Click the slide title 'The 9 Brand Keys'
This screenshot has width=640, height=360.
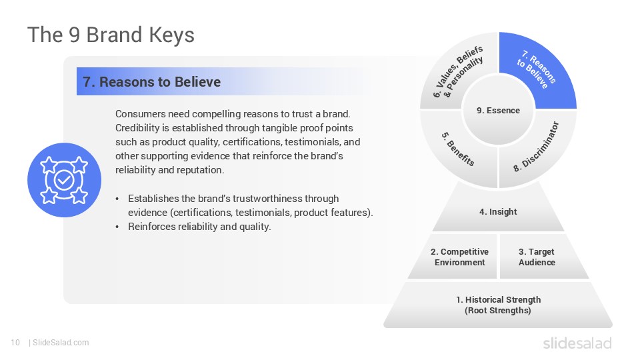(111, 35)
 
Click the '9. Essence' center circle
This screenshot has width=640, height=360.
(498, 111)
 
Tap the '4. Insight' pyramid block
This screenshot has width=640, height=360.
(498, 212)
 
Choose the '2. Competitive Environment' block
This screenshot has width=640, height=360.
(459, 257)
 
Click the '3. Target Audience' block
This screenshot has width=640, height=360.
(537, 257)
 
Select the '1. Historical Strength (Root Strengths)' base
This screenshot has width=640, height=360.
(498, 305)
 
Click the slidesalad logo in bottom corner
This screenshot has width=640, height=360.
(577, 343)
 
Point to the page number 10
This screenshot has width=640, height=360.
(15, 343)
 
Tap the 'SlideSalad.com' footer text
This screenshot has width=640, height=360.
(60, 343)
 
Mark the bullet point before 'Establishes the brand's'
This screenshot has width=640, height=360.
(118, 199)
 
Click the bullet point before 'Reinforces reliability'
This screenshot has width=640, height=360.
(118, 227)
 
